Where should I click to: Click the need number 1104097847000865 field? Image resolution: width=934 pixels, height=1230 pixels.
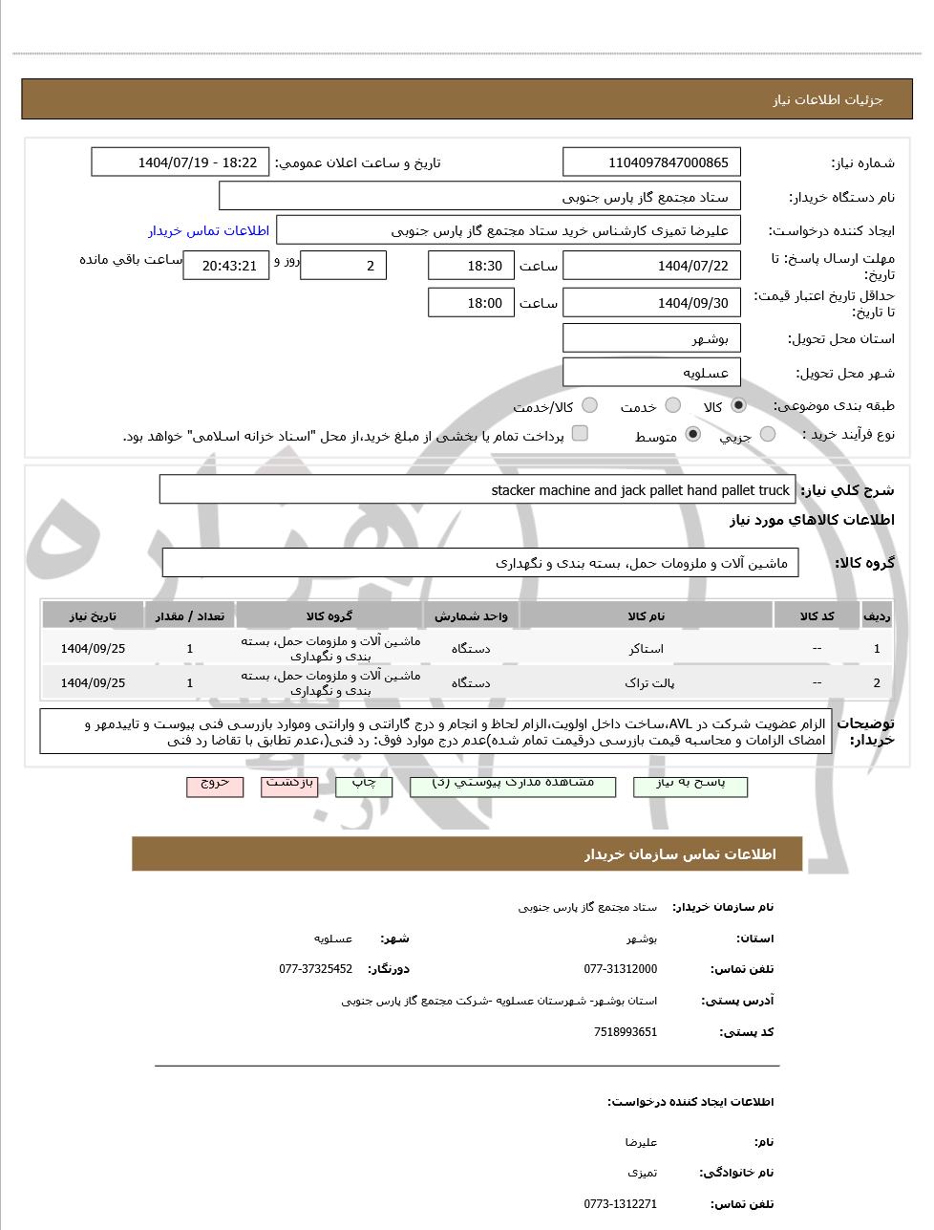(652, 162)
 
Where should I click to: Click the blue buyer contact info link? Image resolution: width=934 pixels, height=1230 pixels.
(209, 230)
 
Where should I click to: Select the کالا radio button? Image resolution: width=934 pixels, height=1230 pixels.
(737, 406)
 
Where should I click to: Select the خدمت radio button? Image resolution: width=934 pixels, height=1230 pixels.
(672, 406)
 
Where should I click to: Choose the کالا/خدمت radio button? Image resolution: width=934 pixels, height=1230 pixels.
(589, 406)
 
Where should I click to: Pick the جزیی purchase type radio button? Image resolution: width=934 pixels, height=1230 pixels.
(767, 435)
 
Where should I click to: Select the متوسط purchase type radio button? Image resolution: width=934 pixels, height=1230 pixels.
(692, 435)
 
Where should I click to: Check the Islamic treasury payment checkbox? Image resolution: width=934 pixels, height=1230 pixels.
(580, 434)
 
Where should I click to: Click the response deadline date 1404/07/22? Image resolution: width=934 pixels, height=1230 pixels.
(652, 266)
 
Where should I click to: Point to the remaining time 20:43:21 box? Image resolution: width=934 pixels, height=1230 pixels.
(226, 266)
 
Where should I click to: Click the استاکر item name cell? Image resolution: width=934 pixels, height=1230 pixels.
(647, 649)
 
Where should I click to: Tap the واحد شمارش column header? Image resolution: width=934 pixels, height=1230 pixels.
(471, 616)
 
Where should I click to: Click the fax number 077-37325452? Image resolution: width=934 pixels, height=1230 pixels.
(315, 969)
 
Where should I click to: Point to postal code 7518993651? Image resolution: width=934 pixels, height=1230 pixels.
(625, 1032)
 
